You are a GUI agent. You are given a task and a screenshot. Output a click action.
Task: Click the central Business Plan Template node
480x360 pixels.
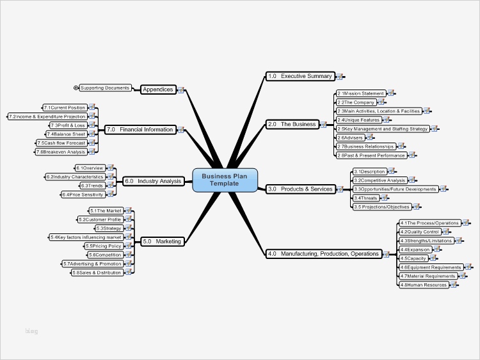pos(220,180)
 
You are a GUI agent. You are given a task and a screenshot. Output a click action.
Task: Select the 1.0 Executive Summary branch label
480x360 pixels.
pos(300,76)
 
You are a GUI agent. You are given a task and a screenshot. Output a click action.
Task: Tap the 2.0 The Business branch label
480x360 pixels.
pos(291,124)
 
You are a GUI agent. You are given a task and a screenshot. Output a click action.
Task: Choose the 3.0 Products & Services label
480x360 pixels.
pos(300,189)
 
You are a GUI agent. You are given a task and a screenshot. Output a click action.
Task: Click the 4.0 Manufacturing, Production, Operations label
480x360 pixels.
pos(323,254)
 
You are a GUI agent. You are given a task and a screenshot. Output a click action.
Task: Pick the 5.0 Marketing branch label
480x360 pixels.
pos(162,241)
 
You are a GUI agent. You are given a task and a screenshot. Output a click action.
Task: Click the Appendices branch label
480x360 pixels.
pos(157,90)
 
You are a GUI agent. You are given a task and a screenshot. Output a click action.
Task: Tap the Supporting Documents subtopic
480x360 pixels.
pos(105,88)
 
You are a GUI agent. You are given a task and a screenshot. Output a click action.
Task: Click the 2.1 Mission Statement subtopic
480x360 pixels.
pos(361,93)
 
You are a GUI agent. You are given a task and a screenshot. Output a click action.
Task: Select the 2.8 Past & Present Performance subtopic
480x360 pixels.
pos(371,155)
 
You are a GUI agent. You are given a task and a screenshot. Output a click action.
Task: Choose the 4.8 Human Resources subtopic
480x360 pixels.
pos(423,285)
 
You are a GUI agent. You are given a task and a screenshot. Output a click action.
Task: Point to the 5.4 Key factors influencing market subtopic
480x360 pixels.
pos(86,237)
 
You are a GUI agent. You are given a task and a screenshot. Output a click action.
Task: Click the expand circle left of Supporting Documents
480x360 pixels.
pos(76,88)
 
